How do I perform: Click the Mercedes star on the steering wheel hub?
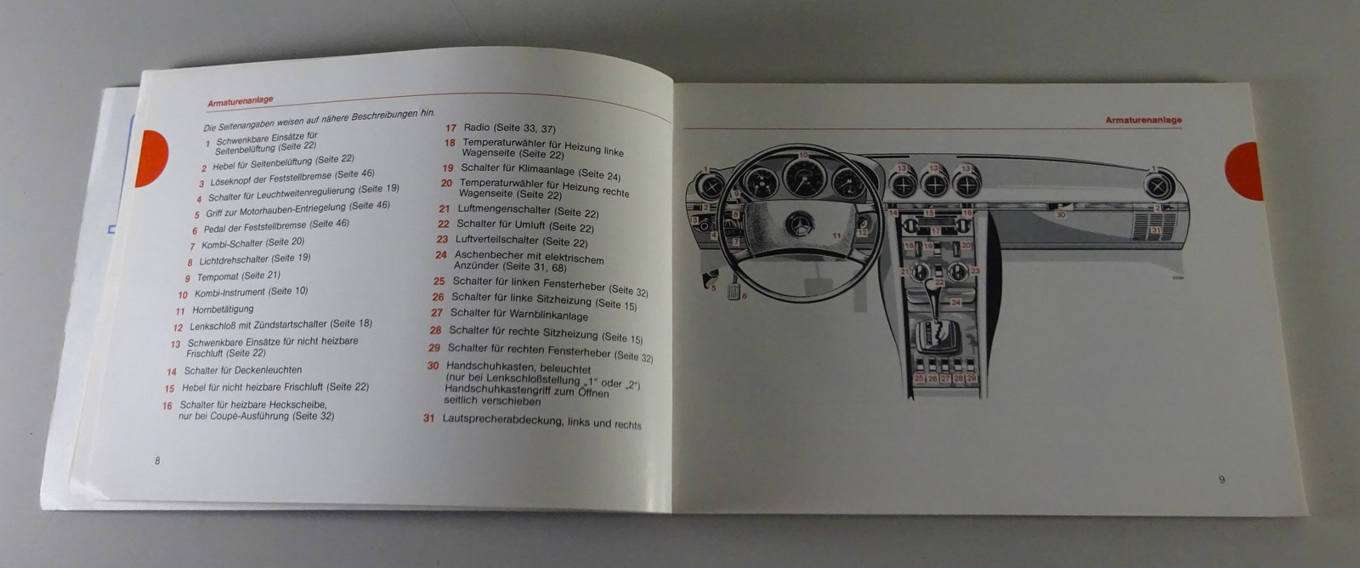[x=799, y=226]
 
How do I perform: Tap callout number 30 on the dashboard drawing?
[x=1060, y=215]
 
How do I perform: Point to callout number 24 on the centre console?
[x=955, y=303]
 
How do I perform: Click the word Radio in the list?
[x=477, y=128]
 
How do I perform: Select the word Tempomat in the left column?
[x=217, y=277]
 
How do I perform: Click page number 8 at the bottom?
[x=157, y=461]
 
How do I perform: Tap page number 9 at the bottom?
[x=1221, y=480]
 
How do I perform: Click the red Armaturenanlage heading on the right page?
[x=1143, y=120]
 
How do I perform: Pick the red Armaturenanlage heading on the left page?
[x=241, y=100]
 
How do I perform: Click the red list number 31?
[x=429, y=417]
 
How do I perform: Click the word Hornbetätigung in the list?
[x=223, y=309]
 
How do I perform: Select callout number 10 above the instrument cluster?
[x=803, y=156]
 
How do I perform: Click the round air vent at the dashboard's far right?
[x=1158, y=186]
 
